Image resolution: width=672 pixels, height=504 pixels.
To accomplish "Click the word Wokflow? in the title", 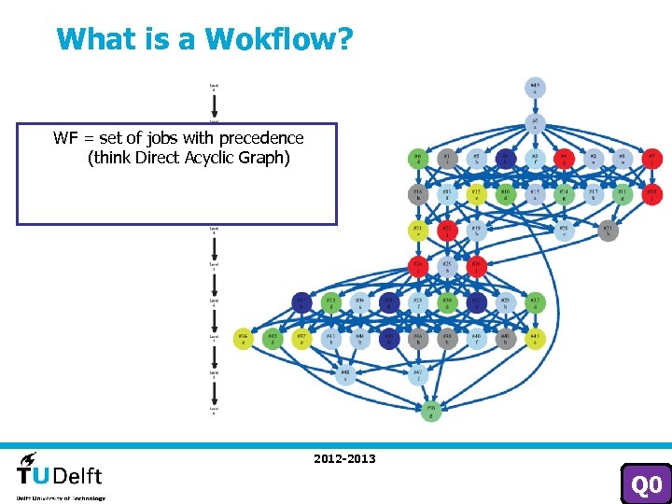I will pyautogui.click(x=279, y=39).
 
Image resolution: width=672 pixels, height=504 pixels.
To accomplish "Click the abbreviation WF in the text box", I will pyautogui.click(x=65, y=138).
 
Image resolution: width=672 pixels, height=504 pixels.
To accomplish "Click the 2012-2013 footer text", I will pyautogui.click(x=344, y=458).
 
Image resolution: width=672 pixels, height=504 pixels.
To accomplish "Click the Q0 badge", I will pyautogui.click(x=646, y=484).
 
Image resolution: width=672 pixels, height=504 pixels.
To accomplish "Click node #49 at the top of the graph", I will pyautogui.click(x=535, y=89).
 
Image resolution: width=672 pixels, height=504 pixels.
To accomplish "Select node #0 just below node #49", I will pyautogui.click(x=535, y=122).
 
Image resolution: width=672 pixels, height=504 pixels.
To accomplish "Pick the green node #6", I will pyautogui.click(x=418, y=159).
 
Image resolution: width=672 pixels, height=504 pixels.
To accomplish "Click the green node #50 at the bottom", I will pyautogui.click(x=430, y=411).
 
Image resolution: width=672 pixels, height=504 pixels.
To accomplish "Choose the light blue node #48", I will pyautogui.click(x=345, y=374).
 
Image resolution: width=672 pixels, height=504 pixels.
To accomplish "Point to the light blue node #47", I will pyautogui.click(x=418, y=375).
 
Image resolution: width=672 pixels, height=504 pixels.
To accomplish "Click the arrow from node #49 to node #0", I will pyautogui.click(x=535, y=105).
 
